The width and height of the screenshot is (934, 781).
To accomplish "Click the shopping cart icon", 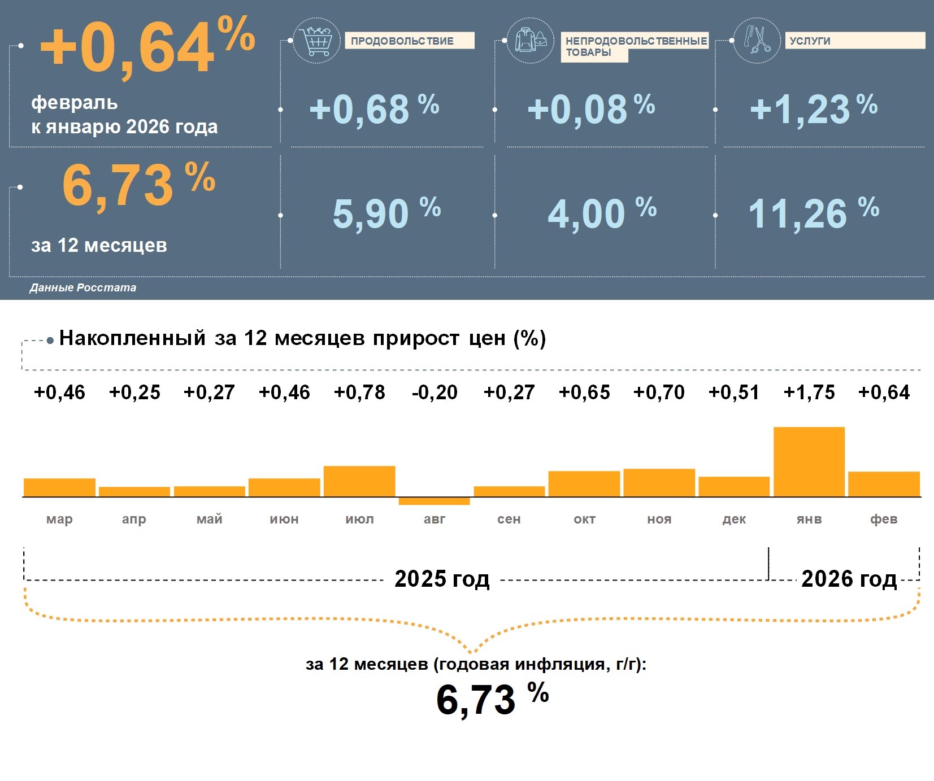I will (x=316, y=40).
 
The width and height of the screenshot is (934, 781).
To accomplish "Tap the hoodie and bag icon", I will (x=530, y=40).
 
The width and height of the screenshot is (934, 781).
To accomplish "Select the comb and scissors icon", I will (x=757, y=40).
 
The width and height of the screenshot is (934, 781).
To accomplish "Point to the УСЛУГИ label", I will (x=810, y=41).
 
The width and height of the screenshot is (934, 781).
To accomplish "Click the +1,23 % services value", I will (x=813, y=109).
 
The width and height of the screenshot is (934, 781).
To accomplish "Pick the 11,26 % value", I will (x=813, y=213).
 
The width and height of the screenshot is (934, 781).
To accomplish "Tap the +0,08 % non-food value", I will (x=590, y=109).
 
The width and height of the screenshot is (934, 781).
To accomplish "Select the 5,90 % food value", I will (x=386, y=213).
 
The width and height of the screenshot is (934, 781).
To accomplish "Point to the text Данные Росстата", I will (x=83, y=288).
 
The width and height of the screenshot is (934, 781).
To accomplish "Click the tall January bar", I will (x=809, y=462).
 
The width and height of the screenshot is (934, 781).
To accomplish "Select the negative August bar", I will (x=434, y=501).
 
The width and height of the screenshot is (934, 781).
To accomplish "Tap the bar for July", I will (x=359, y=481).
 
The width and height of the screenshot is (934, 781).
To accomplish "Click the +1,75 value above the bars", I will (x=809, y=392).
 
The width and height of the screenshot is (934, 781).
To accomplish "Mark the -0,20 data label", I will (x=434, y=392).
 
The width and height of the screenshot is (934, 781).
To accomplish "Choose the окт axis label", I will (x=584, y=519).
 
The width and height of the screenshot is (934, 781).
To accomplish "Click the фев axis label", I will (x=884, y=519).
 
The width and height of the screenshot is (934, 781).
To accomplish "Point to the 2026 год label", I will (x=849, y=579).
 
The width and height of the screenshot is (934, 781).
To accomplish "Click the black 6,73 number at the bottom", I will (x=476, y=699).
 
